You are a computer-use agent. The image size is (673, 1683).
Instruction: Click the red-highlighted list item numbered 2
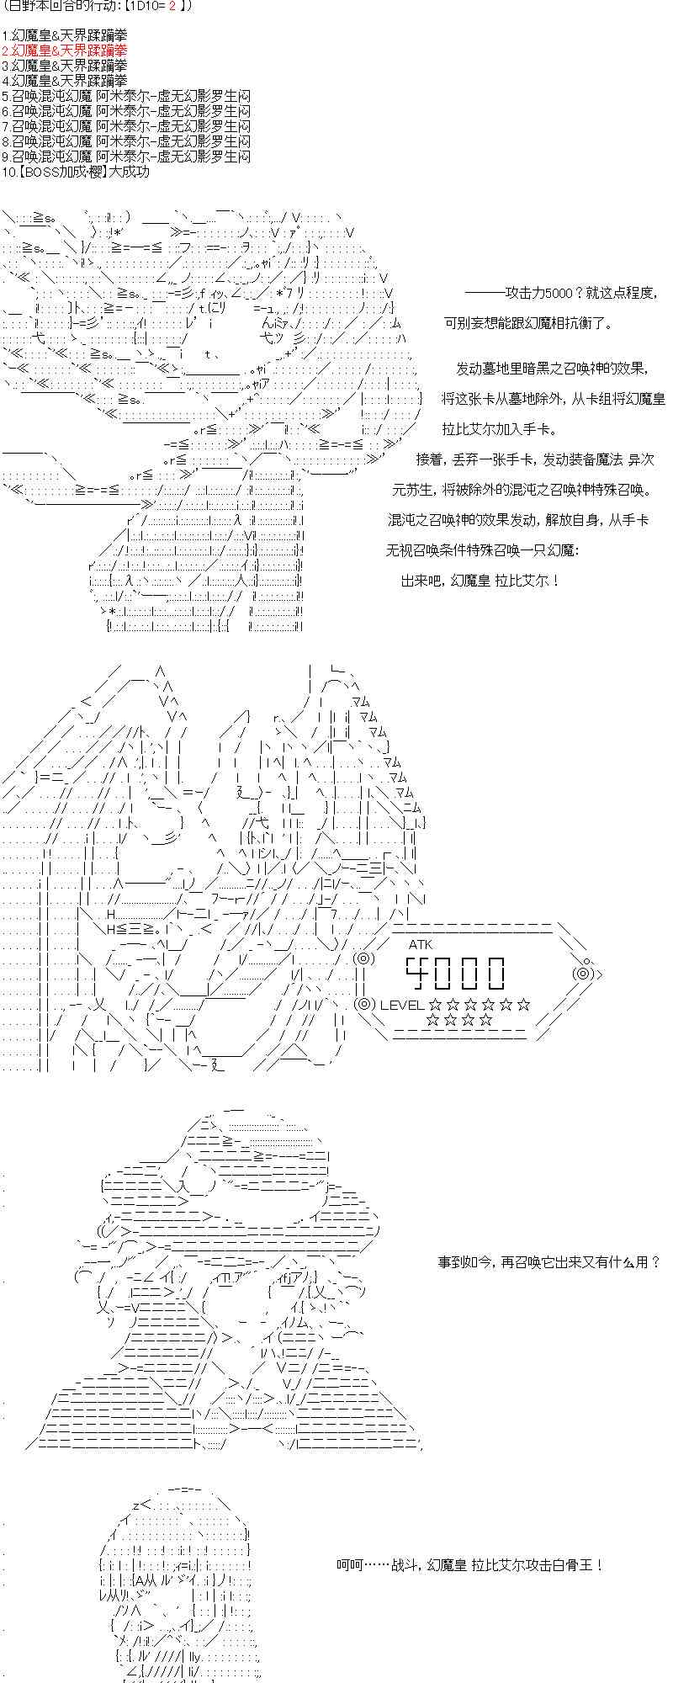(x=65, y=50)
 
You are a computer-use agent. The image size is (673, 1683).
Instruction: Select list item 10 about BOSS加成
(x=75, y=172)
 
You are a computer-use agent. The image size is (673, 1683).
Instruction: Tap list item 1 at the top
(x=65, y=35)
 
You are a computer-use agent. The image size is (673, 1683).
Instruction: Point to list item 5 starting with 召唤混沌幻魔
(x=126, y=96)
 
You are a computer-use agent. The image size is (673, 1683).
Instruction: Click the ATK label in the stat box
(x=421, y=944)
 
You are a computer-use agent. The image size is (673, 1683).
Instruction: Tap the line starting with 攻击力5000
(x=560, y=293)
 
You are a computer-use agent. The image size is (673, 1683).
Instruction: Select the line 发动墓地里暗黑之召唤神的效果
(x=552, y=368)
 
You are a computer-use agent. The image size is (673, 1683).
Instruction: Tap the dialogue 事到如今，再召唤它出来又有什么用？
(x=548, y=1262)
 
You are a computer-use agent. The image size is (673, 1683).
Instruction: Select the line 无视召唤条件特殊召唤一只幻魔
(x=483, y=550)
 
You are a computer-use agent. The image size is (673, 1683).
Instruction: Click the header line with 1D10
(x=97, y=7)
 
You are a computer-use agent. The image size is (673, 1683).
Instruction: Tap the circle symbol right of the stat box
(x=583, y=974)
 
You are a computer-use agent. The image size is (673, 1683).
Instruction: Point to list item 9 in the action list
(x=126, y=157)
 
